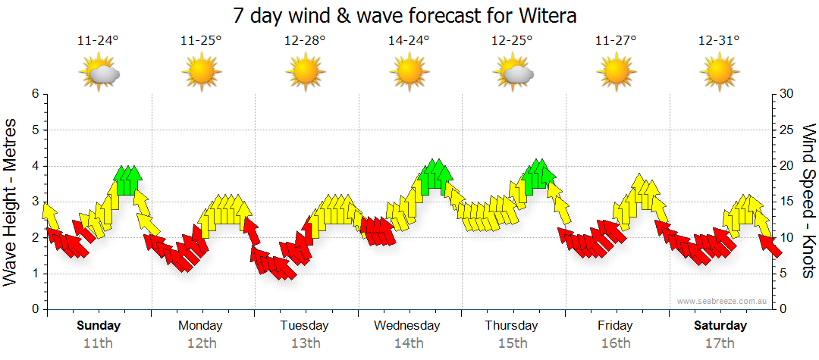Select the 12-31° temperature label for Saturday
(719, 41)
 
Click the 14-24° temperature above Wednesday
(409, 41)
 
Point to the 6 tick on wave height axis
(35, 94)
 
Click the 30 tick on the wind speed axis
(787, 94)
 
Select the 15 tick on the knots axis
(787, 202)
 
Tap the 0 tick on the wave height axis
(35, 310)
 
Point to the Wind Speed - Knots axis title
(808, 201)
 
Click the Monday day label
(200, 326)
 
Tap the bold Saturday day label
(720, 326)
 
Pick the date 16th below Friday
(615, 343)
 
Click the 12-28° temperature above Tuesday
(305, 41)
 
